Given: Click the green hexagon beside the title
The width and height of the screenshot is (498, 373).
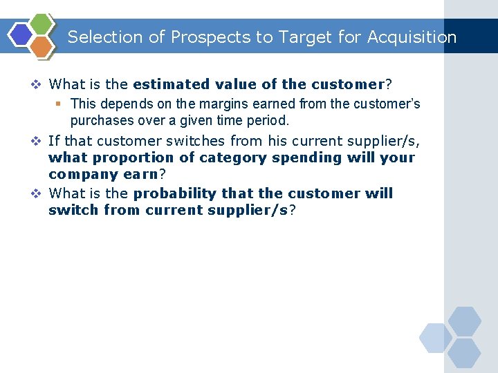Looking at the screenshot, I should (x=42, y=25).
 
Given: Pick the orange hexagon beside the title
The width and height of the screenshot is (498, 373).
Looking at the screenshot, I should (x=42, y=46).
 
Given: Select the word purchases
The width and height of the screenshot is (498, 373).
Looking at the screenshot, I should (x=98, y=120).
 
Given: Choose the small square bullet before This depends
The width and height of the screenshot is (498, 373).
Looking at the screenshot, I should (x=59, y=104).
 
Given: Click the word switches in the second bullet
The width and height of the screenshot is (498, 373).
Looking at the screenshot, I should (x=174, y=142).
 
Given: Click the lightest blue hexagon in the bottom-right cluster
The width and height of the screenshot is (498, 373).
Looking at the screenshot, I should (x=436, y=338).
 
